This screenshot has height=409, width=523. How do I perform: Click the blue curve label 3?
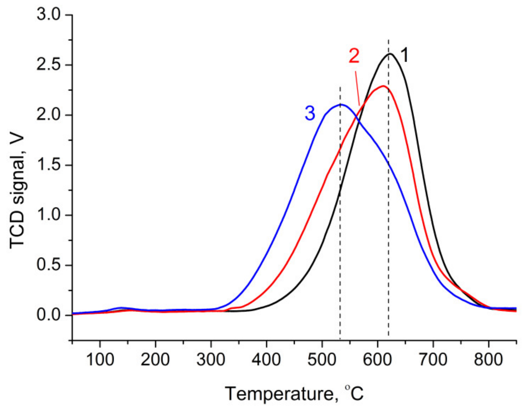tap(310, 113)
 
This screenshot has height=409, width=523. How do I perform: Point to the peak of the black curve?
tap(390, 54)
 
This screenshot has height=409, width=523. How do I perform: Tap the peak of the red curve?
tap(383, 86)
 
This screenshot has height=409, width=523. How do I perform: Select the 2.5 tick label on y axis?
tap(48, 65)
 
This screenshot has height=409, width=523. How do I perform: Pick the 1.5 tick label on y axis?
tap(48, 165)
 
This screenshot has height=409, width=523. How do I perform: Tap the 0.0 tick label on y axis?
tap(48, 315)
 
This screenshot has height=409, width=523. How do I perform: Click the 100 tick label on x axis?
tap(100, 360)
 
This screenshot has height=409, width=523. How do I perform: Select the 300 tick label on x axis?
tap(211, 360)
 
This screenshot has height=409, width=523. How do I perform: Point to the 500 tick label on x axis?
tap(322, 360)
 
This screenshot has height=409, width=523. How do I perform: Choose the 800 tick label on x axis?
tap(488, 360)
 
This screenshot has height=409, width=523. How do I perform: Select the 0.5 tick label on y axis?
tap(48, 265)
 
